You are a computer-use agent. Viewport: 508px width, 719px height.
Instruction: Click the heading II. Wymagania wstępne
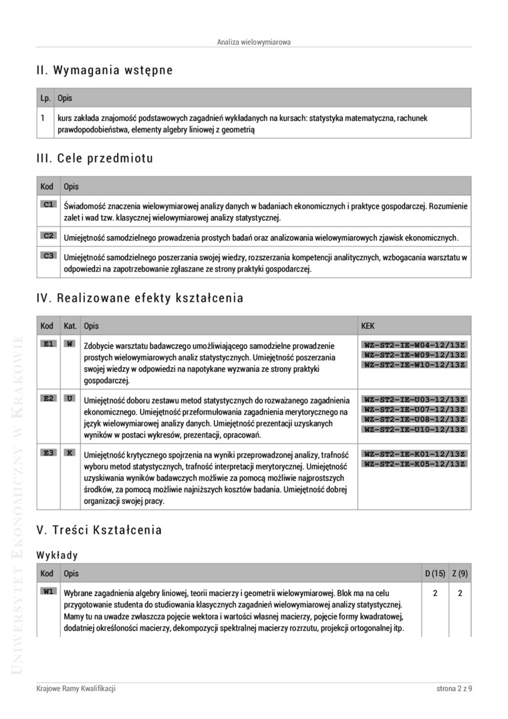point(105,70)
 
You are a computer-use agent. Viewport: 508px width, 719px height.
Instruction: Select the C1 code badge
point(49,204)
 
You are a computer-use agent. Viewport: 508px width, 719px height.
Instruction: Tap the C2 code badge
point(49,235)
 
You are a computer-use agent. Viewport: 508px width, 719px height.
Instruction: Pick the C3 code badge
point(49,255)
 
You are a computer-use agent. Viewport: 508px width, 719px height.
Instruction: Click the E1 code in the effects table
point(49,344)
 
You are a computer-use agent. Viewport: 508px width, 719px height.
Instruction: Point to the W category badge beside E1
point(70,344)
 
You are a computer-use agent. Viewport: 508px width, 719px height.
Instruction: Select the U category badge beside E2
point(70,398)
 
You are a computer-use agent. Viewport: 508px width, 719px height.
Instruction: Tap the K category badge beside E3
point(70,453)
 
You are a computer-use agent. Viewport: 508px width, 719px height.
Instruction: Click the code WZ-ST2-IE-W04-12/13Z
point(414,344)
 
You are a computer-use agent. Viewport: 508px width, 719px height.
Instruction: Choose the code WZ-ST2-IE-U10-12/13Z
point(414,429)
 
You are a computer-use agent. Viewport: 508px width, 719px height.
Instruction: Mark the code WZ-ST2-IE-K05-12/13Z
point(414,464)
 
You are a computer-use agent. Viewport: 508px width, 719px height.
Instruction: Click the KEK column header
point(368,326)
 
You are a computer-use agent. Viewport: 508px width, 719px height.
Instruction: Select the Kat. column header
point(70,326)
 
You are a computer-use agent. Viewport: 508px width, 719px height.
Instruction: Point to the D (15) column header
point(435,573)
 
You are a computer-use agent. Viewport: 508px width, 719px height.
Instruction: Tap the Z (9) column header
point(460,573)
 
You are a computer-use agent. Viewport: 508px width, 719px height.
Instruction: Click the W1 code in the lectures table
point(49,591)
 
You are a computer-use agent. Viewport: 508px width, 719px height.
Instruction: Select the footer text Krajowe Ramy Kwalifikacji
point(76,689)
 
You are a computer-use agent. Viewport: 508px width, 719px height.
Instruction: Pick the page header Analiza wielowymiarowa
point(254,42)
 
